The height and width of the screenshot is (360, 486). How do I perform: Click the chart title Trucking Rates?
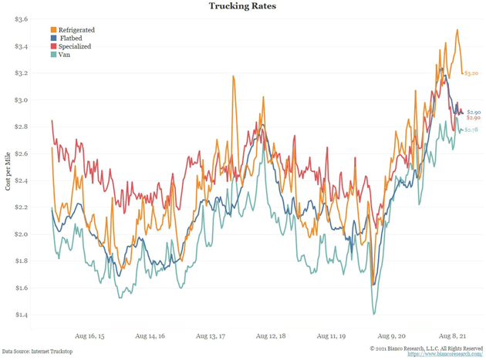tap(243, 6)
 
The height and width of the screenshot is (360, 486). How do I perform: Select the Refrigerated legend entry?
tap(76, 30)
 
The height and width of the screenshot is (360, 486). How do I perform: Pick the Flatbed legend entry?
tap(70, 38)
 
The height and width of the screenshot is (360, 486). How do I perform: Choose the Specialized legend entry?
tap(74, 46)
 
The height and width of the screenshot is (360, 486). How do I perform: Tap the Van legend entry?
tap(64, 55)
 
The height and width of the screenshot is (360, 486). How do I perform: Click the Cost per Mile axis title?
tap(8, 167)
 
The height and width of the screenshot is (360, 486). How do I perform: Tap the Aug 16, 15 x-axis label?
tap(89, 337)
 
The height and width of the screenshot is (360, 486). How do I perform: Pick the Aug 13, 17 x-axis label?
tap(211, 337)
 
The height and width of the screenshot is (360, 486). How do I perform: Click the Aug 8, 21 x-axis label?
tap(454, 337)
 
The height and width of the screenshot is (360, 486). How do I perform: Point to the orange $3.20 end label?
tap(471, 73)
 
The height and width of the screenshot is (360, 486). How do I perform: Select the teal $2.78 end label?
tap(471, 130)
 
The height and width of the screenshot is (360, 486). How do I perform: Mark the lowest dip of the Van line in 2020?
tap(374, 314)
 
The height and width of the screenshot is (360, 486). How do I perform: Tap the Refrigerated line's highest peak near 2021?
tap(457, 30)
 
